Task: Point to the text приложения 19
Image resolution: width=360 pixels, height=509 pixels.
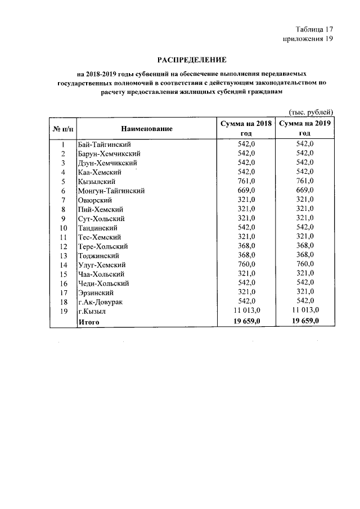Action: coord(308,39)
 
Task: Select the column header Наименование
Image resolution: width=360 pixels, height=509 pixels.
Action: coord(146,129)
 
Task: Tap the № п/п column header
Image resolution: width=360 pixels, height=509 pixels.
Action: coord(63,129)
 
